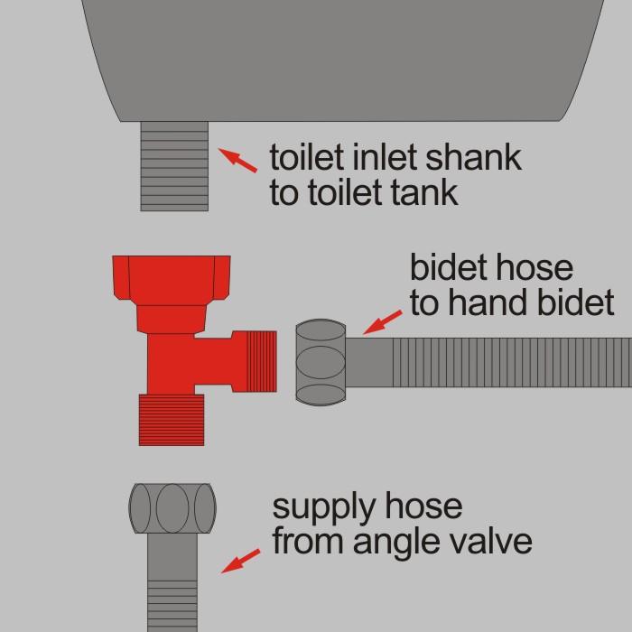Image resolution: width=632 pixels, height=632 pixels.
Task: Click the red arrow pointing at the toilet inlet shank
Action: [237, 161]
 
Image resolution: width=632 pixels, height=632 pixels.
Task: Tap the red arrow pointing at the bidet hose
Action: [383, 322]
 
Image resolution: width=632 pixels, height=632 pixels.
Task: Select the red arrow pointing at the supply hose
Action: [241, 561]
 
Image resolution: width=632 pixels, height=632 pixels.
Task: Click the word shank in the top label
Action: [474, 157]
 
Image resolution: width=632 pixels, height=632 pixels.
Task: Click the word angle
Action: [396, 543]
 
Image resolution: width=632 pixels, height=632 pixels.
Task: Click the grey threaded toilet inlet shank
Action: [174, 166]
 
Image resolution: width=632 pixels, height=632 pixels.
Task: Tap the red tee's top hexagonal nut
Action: [172, 277]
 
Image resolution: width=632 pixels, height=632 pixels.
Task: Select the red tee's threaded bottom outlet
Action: [172, 420]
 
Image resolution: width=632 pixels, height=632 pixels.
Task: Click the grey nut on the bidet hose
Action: [321, 362]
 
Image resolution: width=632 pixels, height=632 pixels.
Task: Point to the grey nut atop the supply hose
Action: [172, 508]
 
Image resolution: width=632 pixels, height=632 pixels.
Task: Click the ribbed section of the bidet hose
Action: [512, 362]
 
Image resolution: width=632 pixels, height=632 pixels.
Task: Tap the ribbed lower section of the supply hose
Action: [172, 606]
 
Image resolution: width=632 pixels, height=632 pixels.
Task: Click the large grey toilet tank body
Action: [342, 60]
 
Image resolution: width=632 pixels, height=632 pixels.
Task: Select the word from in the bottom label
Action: [307, 541]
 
